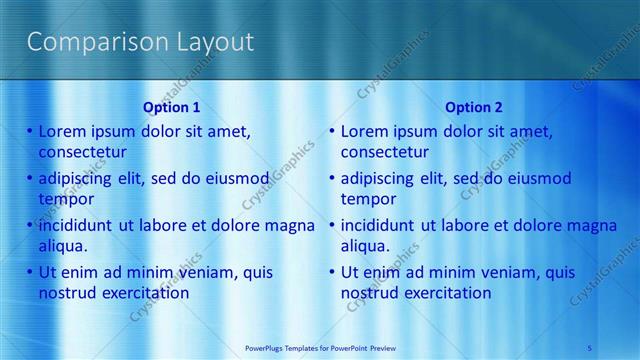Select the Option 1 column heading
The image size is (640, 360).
coord(171,107)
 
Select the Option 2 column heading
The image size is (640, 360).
coord(474,107)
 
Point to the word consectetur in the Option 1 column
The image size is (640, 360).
coord(82,152)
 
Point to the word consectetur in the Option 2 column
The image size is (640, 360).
coord(385,152)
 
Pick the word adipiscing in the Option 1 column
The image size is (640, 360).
coord(79,179)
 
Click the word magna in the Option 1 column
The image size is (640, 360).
coord(291,225)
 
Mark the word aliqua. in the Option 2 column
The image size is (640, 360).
coord(368,246)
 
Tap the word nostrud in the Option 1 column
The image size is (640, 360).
coord(68,293)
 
